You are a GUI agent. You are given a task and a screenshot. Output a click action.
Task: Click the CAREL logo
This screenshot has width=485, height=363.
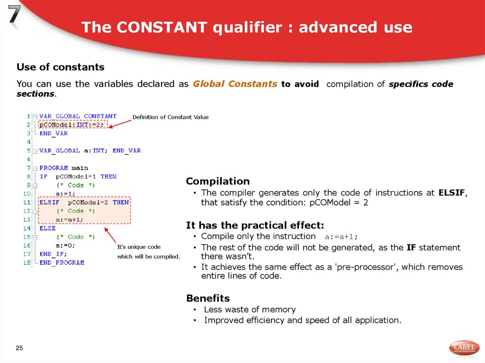(464, 348)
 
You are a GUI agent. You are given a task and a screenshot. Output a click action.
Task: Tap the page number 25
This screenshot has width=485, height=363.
(19, 348)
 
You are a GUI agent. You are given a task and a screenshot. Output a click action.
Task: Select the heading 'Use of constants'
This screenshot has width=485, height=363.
(61, 67)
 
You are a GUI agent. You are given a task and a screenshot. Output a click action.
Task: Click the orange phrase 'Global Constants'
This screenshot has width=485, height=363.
(235, 84)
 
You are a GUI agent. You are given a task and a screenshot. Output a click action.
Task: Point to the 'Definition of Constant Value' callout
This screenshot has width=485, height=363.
(170, 117)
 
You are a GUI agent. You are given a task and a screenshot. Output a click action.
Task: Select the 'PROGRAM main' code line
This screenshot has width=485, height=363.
(64, 168)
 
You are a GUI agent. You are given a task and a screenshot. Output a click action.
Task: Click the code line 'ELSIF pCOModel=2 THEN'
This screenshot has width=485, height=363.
(84, 202)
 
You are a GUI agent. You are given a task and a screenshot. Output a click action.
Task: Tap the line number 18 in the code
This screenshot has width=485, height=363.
(27, 262)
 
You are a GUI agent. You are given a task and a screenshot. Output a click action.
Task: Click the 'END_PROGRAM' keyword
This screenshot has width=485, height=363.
(62, 262)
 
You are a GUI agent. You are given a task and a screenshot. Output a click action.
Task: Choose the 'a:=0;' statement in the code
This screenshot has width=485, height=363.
(65, 245)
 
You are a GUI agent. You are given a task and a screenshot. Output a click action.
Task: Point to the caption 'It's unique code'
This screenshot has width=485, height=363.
(139, 247)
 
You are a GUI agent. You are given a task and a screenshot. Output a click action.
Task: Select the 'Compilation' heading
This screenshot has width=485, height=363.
(217, 181)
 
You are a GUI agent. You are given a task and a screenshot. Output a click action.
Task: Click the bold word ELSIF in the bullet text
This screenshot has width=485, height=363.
(452, 193)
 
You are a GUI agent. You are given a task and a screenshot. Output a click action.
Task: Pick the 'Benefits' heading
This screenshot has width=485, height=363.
(208, 298)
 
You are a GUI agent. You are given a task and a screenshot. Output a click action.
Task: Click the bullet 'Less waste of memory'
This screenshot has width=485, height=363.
(250, 310)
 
